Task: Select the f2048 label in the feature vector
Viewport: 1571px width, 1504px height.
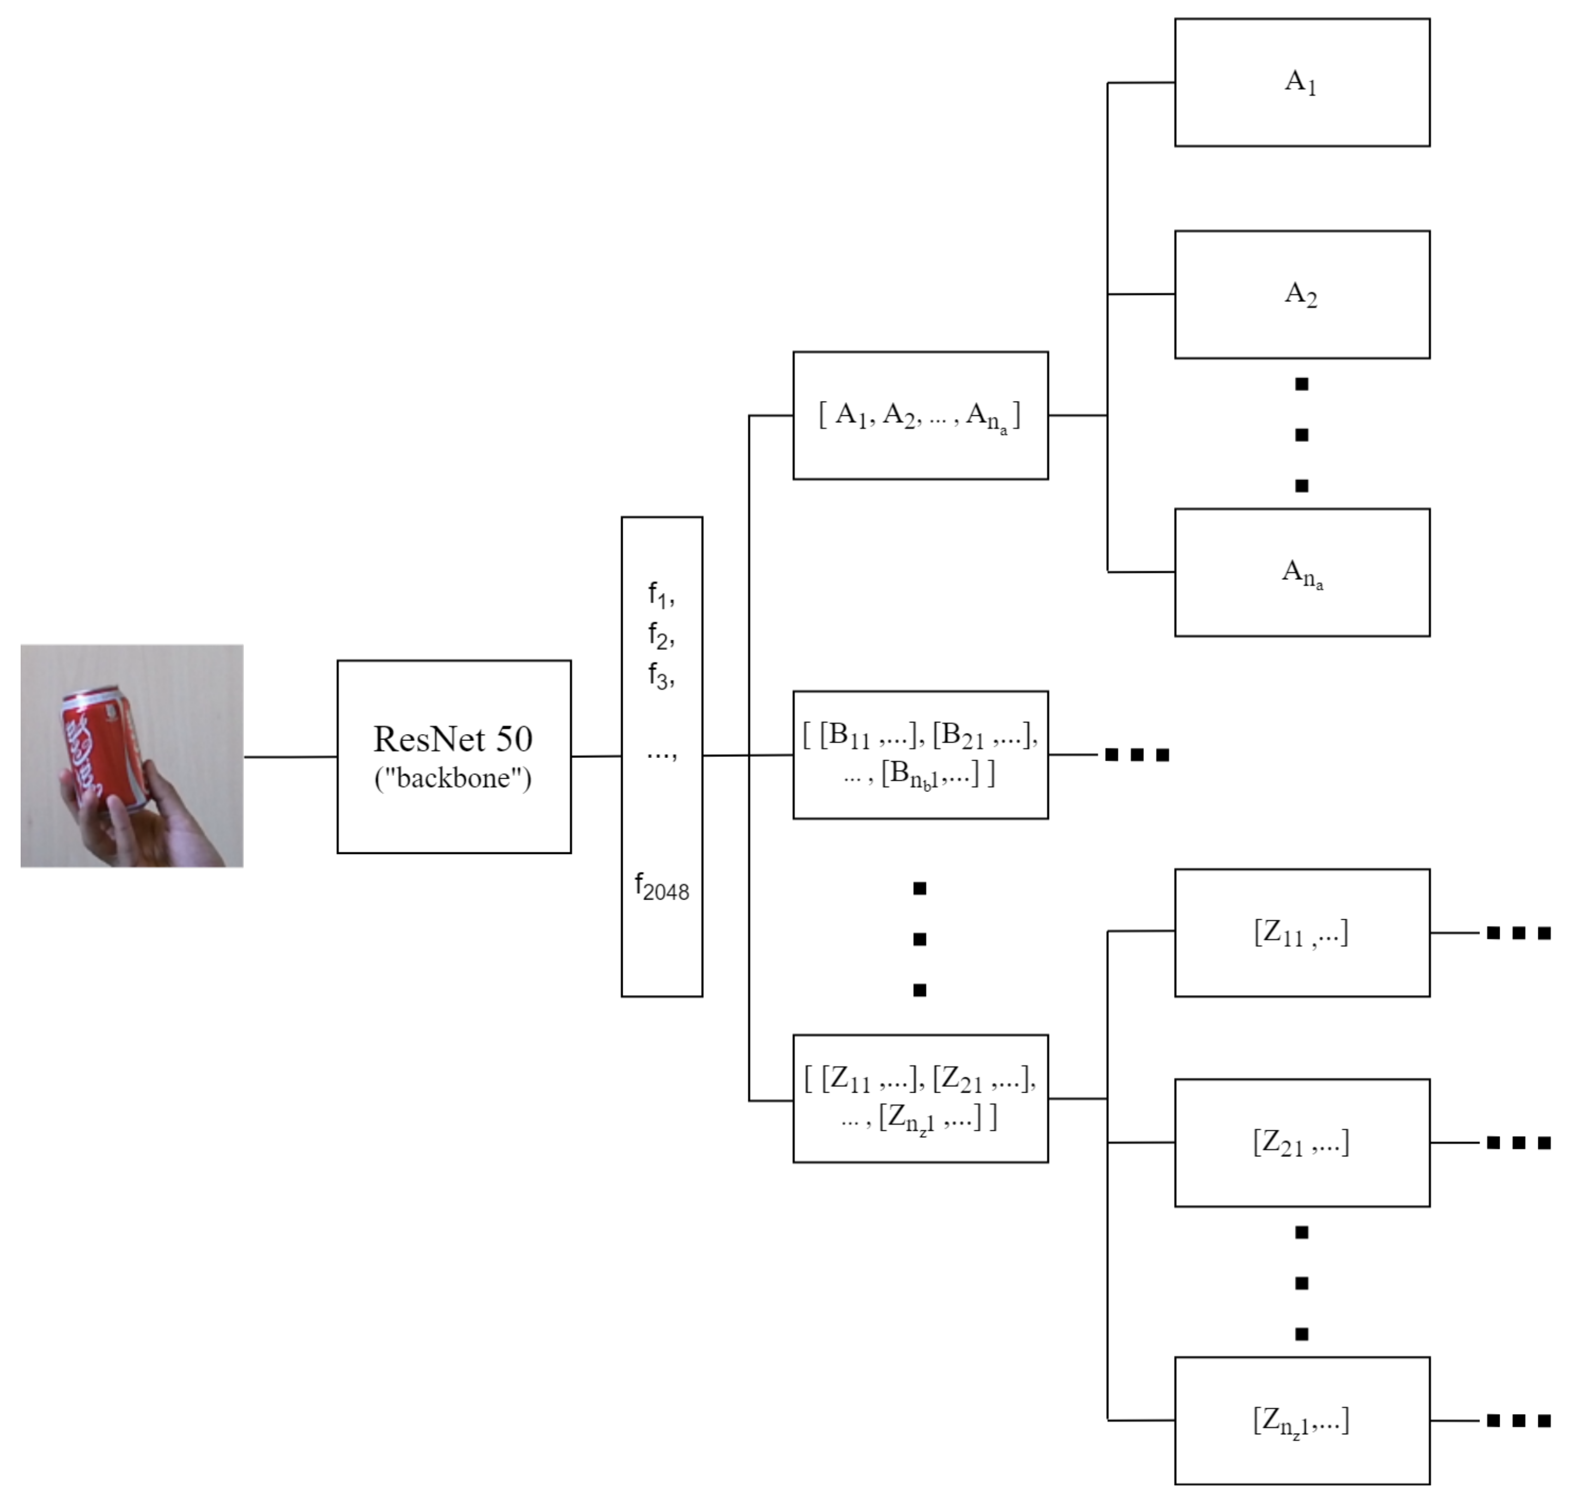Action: (661, 888)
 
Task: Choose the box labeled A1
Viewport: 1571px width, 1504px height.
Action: (1302, 83)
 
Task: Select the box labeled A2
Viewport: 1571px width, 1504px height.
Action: (1302, 294)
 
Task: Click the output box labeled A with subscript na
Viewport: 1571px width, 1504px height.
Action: (1302, 572)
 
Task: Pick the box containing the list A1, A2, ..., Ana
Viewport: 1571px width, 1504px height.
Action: (920, 415)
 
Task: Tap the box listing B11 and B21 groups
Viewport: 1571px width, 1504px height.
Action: (920, 754)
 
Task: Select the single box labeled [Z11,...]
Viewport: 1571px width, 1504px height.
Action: (1302, 932)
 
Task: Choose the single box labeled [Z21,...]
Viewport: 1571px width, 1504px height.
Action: (1302, 1142)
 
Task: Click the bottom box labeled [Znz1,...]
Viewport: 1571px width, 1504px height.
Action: (1302, 1421)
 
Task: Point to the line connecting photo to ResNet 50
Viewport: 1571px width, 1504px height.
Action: (290, 756)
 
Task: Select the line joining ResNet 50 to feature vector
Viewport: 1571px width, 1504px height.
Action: (596, 755)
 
